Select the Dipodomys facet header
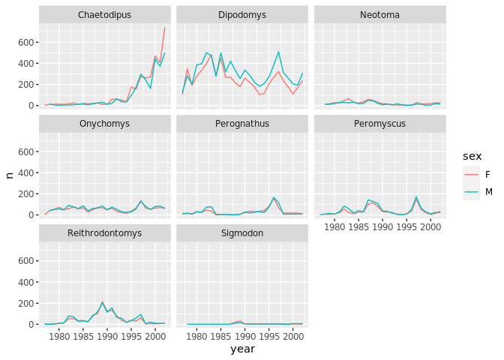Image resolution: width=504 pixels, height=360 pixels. point(241,15)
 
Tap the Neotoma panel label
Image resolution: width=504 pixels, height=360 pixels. point(379,15)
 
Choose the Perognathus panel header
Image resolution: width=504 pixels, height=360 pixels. point(241,124)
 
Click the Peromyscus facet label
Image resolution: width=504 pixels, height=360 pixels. point(379,124)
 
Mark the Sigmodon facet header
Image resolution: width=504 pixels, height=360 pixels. point(241,234)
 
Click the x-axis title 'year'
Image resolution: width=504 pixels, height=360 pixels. point(242,349)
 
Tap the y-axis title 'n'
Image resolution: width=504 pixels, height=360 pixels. point(9,175)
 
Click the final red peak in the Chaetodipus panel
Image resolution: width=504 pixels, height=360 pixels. point(165,28)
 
